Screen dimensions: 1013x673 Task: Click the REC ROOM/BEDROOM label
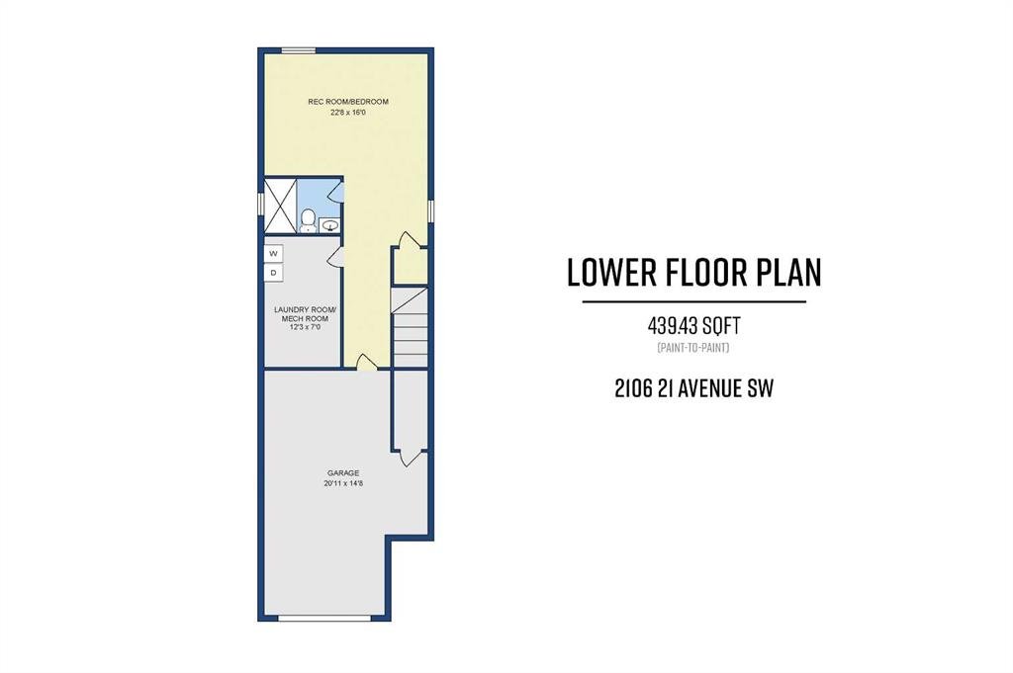click(347, 102)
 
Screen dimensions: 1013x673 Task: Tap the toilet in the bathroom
click(309, 220)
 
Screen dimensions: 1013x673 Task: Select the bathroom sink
click(330, 225)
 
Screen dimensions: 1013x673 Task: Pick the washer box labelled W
click(273, 254)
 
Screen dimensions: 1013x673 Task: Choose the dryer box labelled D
click(273, 273)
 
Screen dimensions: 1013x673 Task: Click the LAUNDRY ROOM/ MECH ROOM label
click(301, 313)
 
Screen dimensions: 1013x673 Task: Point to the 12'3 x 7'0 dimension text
click(301, 327)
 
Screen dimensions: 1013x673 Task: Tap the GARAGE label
click(343, 473)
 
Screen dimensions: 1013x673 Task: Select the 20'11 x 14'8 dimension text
click(343, 483)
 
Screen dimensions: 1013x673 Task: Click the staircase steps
click(411, 328)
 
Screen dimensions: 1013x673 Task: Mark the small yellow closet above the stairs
click(411, 265)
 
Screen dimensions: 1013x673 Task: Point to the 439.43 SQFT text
click(693, 325)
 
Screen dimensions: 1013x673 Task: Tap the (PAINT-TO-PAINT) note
click(693, 348)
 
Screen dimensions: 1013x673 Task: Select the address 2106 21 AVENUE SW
click(693, 388)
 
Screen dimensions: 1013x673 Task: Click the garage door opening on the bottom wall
click(324, 619)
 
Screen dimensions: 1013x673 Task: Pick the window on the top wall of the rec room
click(298, 50)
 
